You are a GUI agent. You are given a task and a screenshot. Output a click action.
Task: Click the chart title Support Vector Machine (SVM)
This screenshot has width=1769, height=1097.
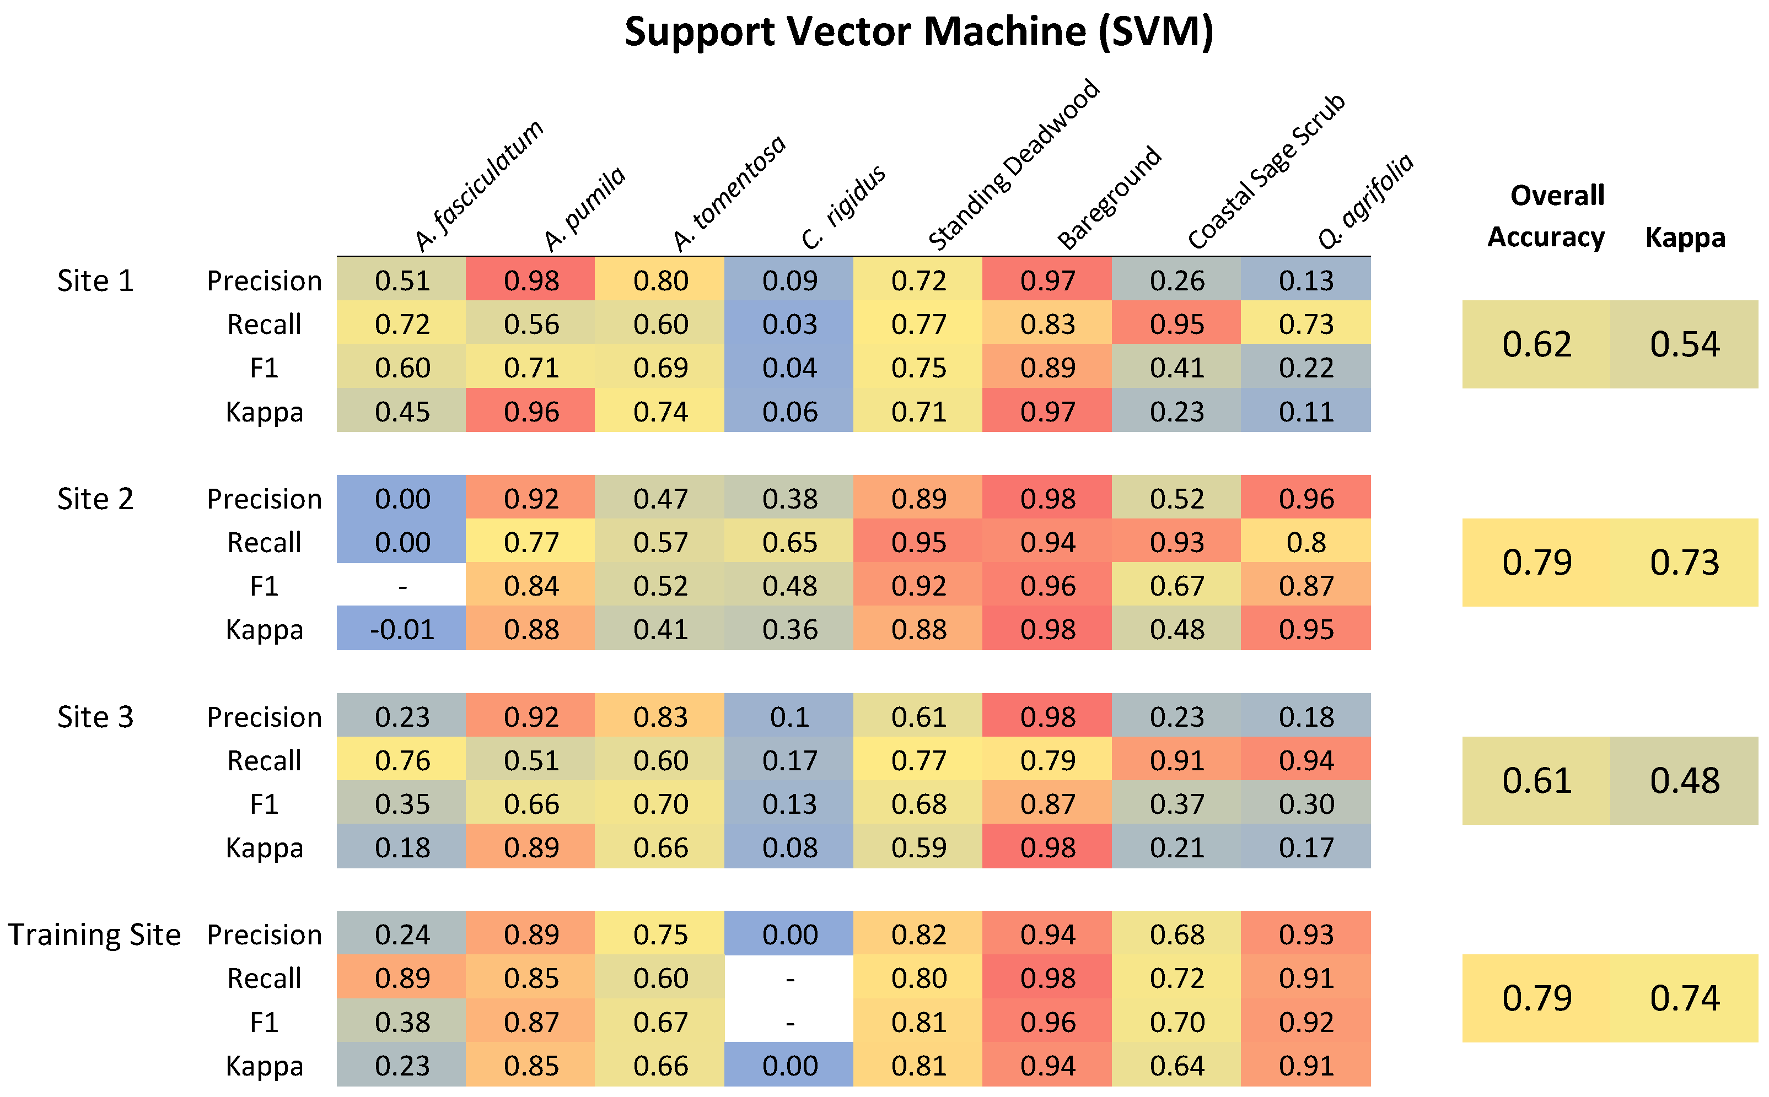pos(918,33)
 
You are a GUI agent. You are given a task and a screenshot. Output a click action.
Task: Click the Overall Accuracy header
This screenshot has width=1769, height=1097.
pos(1546,216)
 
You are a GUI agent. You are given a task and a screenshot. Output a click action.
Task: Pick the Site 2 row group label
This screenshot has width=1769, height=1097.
pos(95,499)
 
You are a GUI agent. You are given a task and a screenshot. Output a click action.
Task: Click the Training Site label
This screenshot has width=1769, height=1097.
pos(94,934)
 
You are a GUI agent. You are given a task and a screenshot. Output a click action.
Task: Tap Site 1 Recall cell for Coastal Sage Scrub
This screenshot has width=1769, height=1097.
pos(1176,325)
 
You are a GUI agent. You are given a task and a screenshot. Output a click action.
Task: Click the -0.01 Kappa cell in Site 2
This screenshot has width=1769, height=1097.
pos(401,629)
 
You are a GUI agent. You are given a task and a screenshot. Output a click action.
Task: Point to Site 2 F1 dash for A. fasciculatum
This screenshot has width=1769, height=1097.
pos(401,586)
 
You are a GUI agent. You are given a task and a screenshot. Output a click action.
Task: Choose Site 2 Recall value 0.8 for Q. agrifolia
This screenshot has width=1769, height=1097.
pos(1305,542)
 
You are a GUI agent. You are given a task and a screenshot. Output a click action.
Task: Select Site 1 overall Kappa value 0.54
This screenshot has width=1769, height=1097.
pos(1684,344)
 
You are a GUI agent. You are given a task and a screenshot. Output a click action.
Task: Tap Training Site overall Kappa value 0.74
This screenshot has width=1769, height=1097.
pos(1684,998)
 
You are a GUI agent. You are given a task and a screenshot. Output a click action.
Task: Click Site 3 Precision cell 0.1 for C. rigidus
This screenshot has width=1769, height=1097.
pos(789,717)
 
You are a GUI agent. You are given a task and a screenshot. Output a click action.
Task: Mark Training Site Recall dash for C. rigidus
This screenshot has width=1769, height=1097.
pos(789,979)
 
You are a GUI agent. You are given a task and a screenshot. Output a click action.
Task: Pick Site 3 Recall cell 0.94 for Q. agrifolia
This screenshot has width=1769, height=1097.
pos(1305,760)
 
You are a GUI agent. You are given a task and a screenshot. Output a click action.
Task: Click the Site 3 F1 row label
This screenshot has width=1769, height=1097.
pos(264,804)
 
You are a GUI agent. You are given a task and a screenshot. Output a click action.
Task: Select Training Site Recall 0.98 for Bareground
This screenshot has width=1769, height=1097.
pos(1047,979)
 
